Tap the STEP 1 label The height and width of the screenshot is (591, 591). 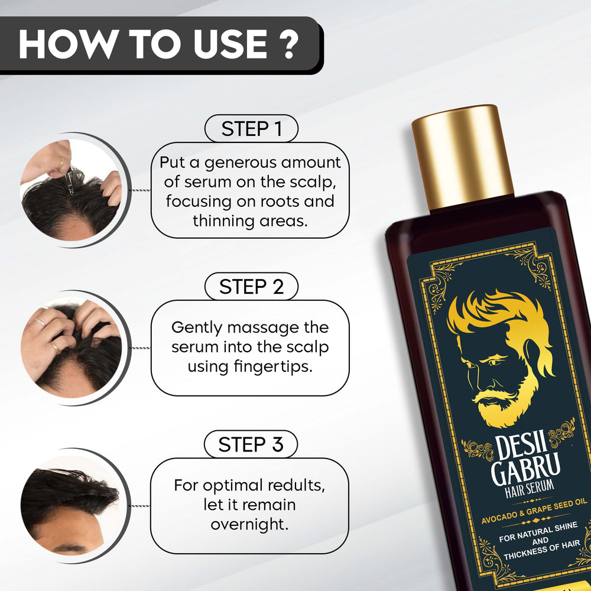point(251,129)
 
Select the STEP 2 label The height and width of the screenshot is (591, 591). point(251,287)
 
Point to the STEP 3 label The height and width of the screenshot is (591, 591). point(251,444)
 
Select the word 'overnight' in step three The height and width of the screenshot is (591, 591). point(249,524)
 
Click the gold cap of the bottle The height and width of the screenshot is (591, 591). point(462,157)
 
